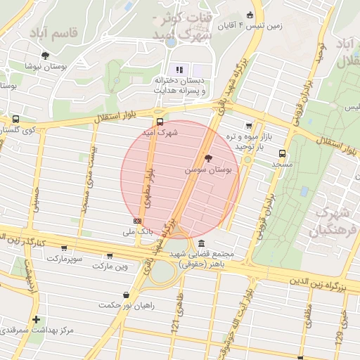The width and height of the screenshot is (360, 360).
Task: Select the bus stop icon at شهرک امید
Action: coord(160,120)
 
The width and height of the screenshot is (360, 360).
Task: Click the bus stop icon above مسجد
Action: coord(283,153)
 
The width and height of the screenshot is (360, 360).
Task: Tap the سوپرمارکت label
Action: coord(65,259)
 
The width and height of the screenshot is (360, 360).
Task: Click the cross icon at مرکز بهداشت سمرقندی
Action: coord(37,320)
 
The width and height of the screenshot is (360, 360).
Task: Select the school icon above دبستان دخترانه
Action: coord(179,70)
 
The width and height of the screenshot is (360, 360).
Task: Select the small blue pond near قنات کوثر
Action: coord(171,41)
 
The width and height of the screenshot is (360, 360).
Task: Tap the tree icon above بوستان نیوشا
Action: coord(46,56)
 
